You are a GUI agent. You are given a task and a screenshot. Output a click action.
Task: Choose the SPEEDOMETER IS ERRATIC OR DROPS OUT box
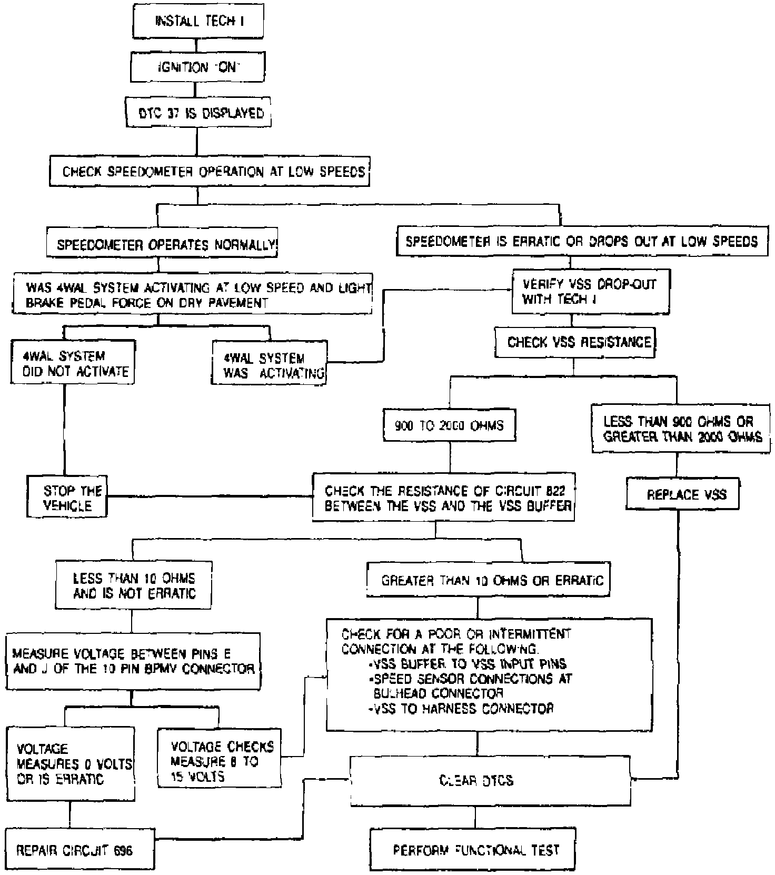(x=581, y=242)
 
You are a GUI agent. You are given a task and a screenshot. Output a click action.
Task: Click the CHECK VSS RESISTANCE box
(x=574, y=342)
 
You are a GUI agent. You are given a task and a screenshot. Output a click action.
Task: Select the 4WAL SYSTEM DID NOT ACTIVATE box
(x=73, y=363)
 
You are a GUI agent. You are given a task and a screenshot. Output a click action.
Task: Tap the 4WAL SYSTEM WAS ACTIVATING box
(x=269, y=365)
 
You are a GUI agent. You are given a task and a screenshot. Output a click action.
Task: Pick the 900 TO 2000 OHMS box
(x=449, y=425)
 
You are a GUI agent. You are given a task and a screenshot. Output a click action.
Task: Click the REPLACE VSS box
(x=682, y=494)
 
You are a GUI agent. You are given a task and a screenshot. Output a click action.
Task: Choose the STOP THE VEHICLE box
(x=67, y=498)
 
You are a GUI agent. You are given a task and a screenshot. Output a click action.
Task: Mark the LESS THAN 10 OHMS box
(x=134, y=585)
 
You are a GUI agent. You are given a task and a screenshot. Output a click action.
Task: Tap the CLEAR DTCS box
(x=490, y=780)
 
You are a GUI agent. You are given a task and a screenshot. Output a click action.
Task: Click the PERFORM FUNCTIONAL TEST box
(x=472, y=849)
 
